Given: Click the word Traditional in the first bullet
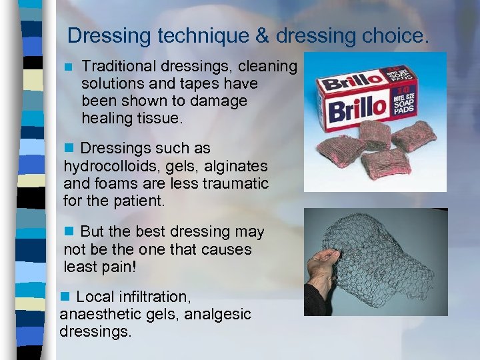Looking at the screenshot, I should click(119, 67).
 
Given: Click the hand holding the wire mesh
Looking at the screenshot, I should click(324, 273).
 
